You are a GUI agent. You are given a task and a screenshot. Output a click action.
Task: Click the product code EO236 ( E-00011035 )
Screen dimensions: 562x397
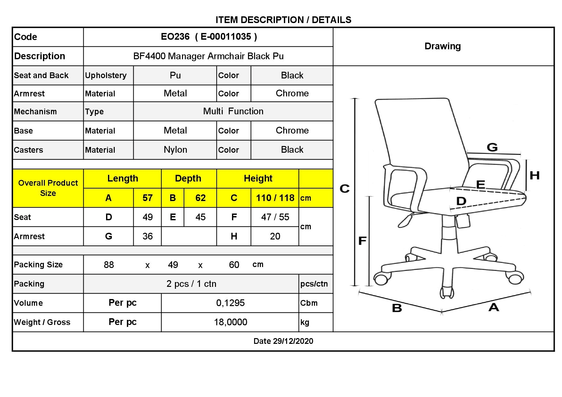coord(209,37)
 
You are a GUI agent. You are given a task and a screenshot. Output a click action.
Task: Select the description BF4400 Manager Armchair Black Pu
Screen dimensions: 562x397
coord(208,56)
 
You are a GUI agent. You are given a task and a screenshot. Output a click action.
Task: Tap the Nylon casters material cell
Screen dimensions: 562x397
coord(175,150)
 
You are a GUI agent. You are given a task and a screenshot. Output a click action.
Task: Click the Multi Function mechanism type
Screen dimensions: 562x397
coord(233,111)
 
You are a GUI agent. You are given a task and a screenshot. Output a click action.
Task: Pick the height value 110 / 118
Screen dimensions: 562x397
coord(275,198)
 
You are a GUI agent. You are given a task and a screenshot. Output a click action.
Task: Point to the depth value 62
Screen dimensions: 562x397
coord(201,198)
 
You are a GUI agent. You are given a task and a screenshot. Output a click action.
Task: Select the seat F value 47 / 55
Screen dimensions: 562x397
coord(275,217)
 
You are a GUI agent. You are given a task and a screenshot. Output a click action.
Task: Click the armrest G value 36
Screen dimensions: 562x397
coord(147,236)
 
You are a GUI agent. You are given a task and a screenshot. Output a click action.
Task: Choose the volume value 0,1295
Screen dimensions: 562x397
coord(230,303)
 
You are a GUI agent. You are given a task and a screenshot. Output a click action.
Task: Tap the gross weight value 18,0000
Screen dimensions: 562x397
coord(230,322)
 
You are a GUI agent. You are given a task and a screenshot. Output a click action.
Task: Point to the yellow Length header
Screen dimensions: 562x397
coord(123,178)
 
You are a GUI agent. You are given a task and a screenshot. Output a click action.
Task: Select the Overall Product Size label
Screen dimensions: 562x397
coord(48,188)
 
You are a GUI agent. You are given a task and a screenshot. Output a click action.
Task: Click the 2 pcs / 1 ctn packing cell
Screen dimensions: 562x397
coord(191,284)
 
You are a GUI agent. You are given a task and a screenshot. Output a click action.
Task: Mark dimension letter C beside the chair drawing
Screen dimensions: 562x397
coord(344,189)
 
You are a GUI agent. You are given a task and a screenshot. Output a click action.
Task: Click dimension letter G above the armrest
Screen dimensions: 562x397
coord(492,147)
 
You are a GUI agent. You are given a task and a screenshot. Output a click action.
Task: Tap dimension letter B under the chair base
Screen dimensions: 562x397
coord(397,308)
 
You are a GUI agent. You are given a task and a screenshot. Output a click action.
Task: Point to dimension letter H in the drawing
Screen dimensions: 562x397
coord(534,175)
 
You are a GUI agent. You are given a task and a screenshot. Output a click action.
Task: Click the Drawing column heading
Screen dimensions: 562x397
coord(442,46)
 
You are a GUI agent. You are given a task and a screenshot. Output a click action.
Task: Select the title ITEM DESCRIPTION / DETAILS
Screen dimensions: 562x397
coord(283,20)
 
